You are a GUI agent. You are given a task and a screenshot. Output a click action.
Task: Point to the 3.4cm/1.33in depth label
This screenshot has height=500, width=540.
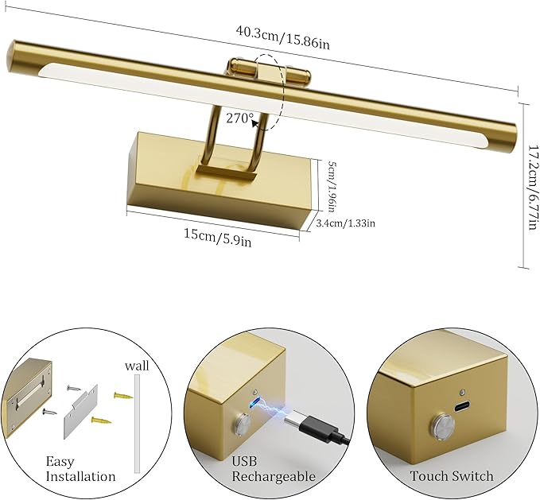345,223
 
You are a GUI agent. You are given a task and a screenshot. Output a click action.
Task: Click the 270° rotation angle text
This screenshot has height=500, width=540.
239,118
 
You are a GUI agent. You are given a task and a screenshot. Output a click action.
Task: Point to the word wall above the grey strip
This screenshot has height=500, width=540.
137,366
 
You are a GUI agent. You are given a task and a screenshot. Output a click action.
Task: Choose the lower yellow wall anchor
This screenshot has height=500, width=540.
100,421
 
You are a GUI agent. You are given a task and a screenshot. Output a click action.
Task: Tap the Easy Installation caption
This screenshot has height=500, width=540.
80,468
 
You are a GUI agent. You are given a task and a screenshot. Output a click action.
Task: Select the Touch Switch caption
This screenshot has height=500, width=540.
452,476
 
